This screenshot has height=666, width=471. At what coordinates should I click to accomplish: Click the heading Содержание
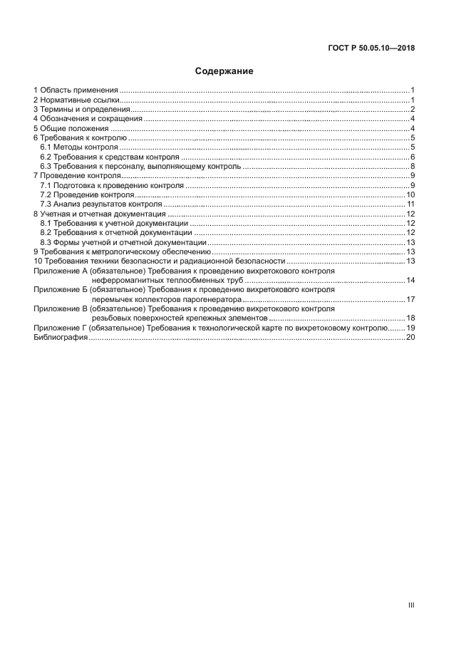pyautogui.click(x=224, y=71)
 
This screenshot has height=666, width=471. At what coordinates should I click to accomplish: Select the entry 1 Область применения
pyautogui.click(x=76, y=90)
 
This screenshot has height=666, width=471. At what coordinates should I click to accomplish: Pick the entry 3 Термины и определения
pyautogui.click(x=81, y=110)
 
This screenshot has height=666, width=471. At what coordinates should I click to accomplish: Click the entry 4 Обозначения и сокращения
pyautogui.click(x=88, y=119)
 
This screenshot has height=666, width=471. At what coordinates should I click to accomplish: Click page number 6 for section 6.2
pyautogui.click(x=413, y=157)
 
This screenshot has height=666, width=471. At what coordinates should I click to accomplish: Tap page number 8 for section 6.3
pyautogui.click(x=413, y=166)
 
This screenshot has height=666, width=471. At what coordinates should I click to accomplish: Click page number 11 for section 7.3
pyautogui.click(x=411, y=204)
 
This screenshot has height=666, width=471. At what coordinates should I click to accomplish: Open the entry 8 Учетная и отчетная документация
pyautogui.click(x=100, y=214)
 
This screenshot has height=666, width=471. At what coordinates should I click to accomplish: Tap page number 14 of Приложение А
pyautogui.click(x=410, y=281)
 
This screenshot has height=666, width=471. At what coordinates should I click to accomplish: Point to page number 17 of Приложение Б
pyautogui.click(x=410, y=299)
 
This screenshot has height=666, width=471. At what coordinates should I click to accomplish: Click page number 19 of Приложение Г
pyautogui.click(x=410, y=328)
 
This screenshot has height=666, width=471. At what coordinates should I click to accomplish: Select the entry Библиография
pyautogui.click(x=61, y=338)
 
